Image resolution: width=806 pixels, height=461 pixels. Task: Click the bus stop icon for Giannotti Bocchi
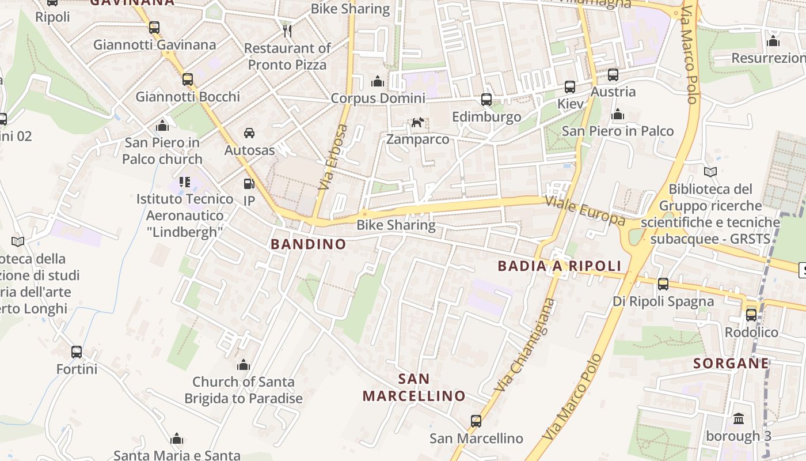click(x=188, y=80)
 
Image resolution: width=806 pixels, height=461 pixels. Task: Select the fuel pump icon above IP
click(x=249, y=184)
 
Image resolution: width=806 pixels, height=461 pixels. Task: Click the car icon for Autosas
click(x=249, y=133)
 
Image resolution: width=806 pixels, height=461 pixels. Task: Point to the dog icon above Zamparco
click(x=417, y=122)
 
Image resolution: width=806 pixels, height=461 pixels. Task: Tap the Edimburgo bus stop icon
click(x=486, y=100)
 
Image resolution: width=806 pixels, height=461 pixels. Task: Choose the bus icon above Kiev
click(x=570, y=87)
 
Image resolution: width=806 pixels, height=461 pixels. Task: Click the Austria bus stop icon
click(x=613, y=75)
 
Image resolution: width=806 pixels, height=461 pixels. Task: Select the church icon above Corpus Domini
click(x=378, y=81)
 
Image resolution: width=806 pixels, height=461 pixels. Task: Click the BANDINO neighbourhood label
click(x=309, y=244)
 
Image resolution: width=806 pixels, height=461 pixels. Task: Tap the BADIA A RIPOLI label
click(x=560, y=266)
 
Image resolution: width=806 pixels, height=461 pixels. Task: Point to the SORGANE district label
click(x=731, y=364)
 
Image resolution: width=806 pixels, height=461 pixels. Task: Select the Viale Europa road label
click(x=585, y=211)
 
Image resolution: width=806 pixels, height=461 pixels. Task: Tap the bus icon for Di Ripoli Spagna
click(x=663, y=284)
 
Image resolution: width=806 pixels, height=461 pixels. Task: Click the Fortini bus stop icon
click(x=77, y=352)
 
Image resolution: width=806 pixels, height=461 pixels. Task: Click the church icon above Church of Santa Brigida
click(x=244, y=365)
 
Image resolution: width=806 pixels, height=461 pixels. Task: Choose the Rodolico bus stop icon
click(x=751, y=315)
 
